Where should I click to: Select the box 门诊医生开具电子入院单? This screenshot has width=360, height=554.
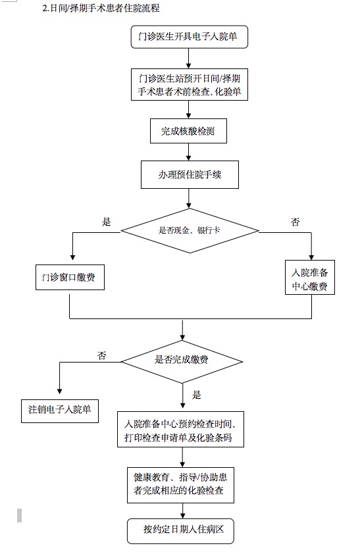[x=189, y=37]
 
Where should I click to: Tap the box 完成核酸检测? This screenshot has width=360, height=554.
[x=188, y=131]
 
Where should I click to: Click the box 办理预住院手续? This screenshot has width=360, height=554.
[x=190, y=174]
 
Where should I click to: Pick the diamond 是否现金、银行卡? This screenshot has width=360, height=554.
[x=190, y=231]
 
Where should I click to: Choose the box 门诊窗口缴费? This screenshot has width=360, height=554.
[x=70, y=278]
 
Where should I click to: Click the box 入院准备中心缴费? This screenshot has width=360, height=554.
[x=310, y=278]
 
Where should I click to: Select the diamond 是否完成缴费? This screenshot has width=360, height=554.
[x=182, y=361]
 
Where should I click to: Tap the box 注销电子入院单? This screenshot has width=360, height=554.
[x=60, y=411]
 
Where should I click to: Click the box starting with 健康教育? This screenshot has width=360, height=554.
[x=180, y=485]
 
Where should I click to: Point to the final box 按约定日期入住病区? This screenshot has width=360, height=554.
[x=180, y=531]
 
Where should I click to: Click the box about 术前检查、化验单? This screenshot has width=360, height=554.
[x=190, y=84]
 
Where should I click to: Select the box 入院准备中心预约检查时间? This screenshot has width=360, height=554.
[x=180, y=429]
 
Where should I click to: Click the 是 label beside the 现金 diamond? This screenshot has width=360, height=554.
[x=107, y=222]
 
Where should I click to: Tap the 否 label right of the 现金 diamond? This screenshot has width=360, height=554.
[x=295, y=222]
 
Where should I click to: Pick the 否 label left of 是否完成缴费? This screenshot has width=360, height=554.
[x=102, y=355]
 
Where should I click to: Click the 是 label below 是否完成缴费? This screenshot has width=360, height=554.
[x=196, y=395]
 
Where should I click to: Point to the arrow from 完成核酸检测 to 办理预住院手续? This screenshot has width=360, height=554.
[x=189, y=152]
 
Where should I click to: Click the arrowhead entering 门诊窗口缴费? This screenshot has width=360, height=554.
[x=72, y=257]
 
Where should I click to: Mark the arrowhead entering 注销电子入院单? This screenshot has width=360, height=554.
[x=59, y=391]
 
